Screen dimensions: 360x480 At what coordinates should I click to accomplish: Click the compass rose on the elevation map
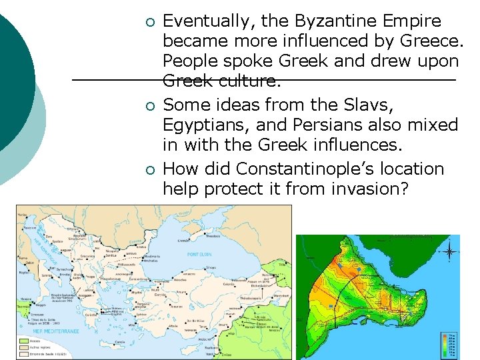click(450, 251)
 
